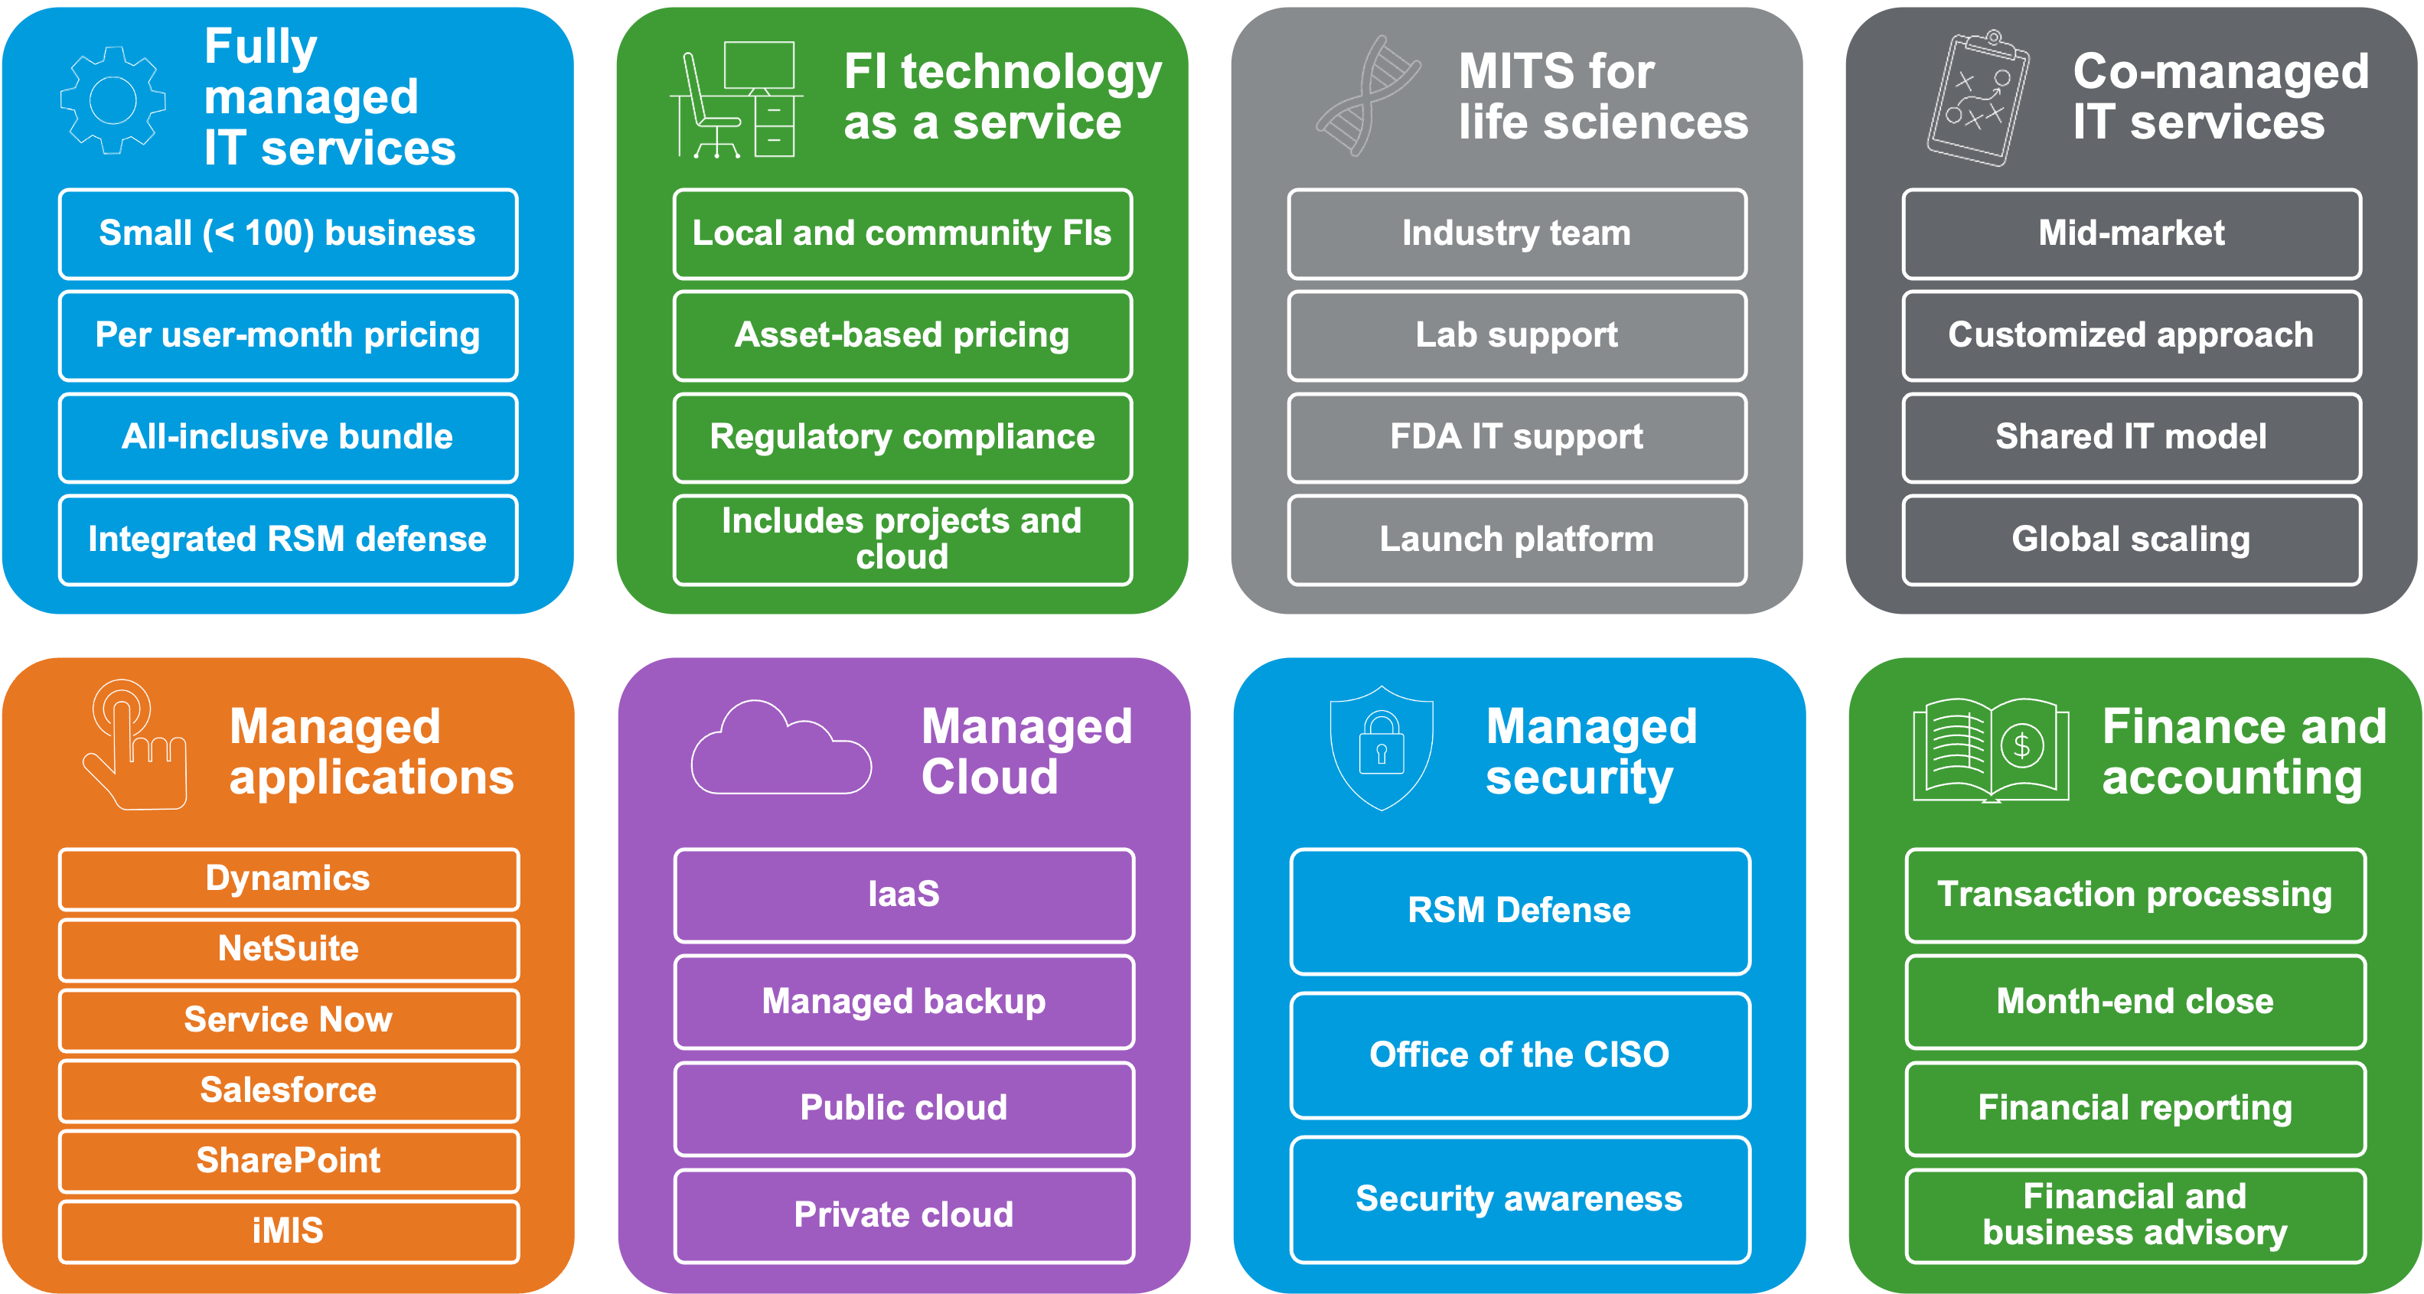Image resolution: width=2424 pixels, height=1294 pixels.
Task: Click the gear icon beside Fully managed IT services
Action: (113, 99)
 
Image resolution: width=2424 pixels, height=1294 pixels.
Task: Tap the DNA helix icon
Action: (1367, 96)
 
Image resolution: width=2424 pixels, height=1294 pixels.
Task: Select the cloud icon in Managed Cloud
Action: (780, 750)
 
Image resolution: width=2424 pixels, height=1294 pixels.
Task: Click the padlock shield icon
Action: (1381, 748)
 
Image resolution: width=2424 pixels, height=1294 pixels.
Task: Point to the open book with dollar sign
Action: (1990, 751)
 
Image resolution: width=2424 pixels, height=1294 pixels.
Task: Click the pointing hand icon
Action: (135, 746)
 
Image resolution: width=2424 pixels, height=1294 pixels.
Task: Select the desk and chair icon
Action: (736, 99)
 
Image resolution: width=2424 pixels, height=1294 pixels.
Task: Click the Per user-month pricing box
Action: (288, 336)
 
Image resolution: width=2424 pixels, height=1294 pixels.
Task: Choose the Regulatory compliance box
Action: (902, 438)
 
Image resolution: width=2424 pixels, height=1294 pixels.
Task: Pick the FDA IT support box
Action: (1517, 438)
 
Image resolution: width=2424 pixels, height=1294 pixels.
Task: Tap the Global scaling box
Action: (2132, 539)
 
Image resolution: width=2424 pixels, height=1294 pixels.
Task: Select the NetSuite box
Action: (288, 949)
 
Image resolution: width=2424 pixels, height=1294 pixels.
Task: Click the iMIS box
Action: (288, 1231)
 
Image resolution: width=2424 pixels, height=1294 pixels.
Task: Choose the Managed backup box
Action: (903, 1002)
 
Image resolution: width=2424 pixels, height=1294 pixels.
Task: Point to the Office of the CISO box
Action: (1520, 1055)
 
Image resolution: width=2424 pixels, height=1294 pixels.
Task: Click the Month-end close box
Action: (2135, 1002)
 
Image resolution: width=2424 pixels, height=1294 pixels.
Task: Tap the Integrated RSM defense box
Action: (288, 539)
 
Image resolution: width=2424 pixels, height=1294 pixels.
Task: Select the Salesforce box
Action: (288, 1090)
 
